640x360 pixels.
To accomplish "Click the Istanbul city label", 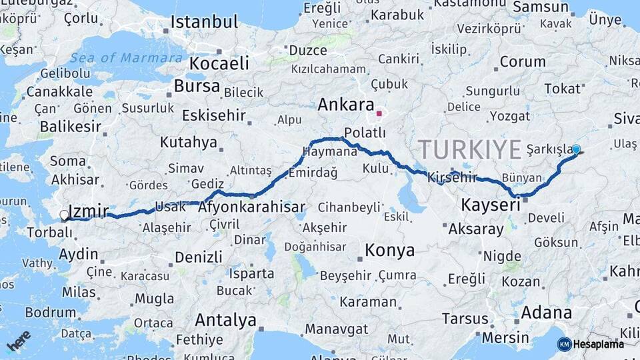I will pos(204,22).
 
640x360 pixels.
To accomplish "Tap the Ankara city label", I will pos(345,105).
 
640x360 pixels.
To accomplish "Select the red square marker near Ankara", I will pos(379,113).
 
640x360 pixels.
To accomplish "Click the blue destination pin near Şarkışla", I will pos(576,150).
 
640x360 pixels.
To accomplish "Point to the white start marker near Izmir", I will pos(64,215).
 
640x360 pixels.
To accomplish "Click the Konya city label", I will pos(390,251).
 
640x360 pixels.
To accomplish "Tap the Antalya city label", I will pos(226,321).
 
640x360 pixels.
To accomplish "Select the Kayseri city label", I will pos(491,205).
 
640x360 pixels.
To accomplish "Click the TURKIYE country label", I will pos(470,149).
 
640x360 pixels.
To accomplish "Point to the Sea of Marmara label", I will pos(126,58).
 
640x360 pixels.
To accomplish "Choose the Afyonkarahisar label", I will pos(252,207).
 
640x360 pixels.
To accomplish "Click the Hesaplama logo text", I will pos(599,344).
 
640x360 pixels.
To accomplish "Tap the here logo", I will pos(18,341).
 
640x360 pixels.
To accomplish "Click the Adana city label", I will pos(546,313).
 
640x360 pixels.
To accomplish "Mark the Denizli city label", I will pos(198,257).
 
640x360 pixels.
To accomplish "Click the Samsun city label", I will pos(541,7).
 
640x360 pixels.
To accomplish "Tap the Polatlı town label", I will pos(365,133).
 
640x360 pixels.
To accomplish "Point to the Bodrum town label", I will pos(51,312).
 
